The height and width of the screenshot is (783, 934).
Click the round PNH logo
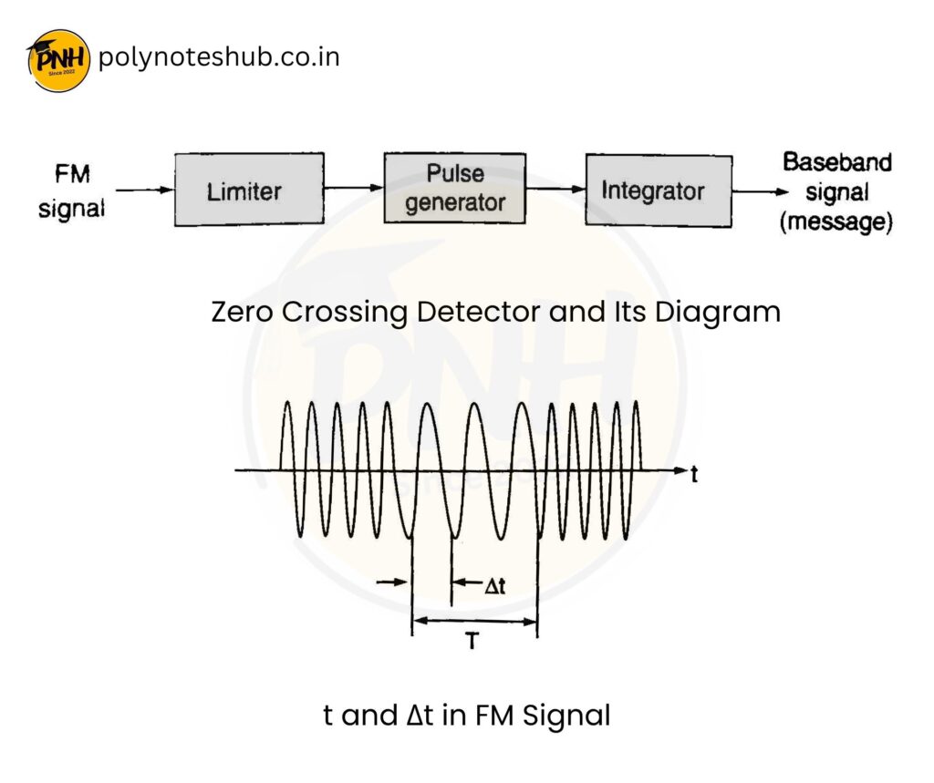[x=59, y=60]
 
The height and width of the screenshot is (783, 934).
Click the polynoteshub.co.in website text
[x=218, y=57]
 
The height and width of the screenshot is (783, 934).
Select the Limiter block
[x=249, y=191]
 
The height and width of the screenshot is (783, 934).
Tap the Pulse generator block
[x=454, y=189]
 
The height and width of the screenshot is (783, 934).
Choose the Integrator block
[x=658, y=191]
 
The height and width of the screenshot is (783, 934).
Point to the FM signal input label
[x=71, y=191]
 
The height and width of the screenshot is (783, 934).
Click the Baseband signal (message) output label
[x=835, y=192]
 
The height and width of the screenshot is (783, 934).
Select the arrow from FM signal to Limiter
[x=145, y=191]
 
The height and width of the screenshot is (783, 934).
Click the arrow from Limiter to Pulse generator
[x=353, y=189]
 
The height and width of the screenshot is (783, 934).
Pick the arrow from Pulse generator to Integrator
[x=555, y=190]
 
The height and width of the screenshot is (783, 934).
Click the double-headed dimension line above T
[x=474, y=622]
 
